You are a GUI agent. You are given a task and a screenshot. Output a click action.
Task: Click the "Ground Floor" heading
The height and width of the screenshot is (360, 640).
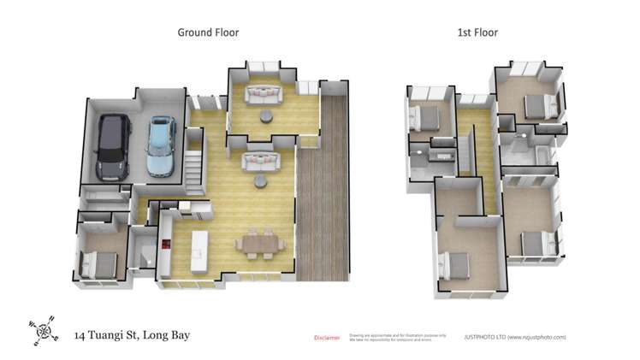tap(208, 32)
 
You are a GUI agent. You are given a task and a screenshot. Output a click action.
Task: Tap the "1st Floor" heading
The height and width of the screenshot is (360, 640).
tap(477, 32)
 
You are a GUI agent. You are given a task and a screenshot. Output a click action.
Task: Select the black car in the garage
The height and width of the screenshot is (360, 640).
tap(114, 146)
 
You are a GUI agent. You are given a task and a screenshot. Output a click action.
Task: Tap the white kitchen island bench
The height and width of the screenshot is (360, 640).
tap(201, 245)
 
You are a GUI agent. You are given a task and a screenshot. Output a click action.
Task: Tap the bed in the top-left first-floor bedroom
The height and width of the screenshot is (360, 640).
tap(425, 117)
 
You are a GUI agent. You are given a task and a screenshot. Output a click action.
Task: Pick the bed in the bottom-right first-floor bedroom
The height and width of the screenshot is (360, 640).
tap(536, 244)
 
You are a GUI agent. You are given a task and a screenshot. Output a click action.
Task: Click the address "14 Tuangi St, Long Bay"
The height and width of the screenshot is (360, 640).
tap(132, 334)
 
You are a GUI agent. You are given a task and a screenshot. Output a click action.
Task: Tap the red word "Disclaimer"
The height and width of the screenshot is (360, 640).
tap(327, 338)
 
